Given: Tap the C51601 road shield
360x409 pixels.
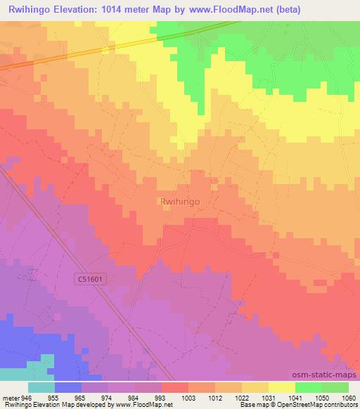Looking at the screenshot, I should (91, 279).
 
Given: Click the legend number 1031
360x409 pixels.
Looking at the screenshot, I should (269, 396).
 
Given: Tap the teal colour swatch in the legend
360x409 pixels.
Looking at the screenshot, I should (41, 387).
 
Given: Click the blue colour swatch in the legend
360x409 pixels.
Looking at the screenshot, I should (68, 387).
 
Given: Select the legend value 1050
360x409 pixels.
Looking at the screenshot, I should (322, 396).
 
